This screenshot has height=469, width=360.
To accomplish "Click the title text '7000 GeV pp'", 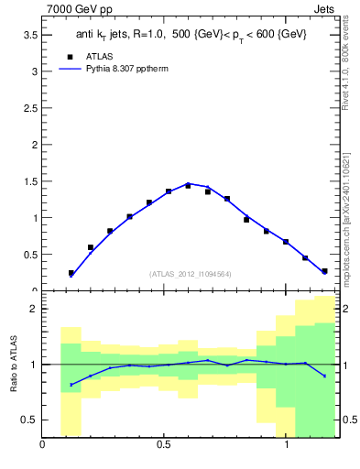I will click(x=75, y=8).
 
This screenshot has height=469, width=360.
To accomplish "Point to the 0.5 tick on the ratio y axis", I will click(x=29, y=420).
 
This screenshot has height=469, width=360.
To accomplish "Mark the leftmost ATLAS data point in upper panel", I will click(x=71, y=273).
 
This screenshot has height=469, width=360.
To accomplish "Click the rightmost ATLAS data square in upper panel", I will click(x=324, y=271).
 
